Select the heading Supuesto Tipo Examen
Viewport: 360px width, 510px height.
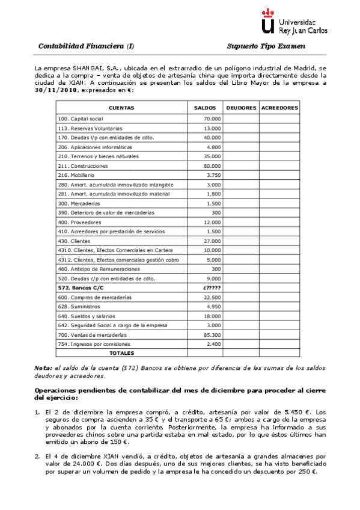(266, 46)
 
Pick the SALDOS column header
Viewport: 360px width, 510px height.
(205, 108)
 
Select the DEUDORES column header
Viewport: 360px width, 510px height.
(241, 108)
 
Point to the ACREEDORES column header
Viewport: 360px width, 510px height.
(279, 108)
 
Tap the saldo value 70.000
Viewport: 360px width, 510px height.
(212, 119)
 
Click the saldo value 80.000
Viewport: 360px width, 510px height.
(212, 165)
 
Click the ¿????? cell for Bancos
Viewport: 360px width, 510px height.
(212, 288)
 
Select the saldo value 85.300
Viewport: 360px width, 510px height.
(212, 334)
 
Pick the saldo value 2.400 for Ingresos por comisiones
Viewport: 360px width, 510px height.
(214, 344)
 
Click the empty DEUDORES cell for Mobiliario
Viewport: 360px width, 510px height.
(241, 175)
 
